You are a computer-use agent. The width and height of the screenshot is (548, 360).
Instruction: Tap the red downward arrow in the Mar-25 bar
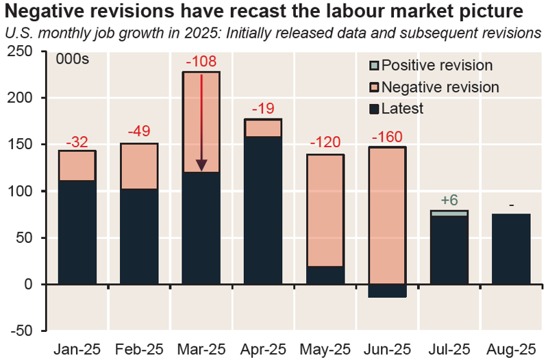pyautogui.click(x=201, y=123)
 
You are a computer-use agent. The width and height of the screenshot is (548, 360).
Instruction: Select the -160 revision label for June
pyautogui.click(x=387, y=138)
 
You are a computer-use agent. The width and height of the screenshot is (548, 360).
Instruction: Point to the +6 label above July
pyautogui.click(x=449, y=201)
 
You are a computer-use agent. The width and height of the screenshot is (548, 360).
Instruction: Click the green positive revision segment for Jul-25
pyautogui.click(x=449, y=213)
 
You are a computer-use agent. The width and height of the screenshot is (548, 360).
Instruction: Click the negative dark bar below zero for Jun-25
pyautogui.click(x=387, y=290)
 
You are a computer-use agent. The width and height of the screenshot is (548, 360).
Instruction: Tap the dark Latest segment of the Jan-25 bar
pyautogui.click(x=77, y=232)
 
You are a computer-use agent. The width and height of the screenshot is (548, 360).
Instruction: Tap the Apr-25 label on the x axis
pyautogui.click(x=263, y=348)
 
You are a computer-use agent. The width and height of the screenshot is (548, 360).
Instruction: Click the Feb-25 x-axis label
pyautogui.click(x=139, y=348)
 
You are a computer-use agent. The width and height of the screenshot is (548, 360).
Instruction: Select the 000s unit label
pyautogui.click(x=73, y=59)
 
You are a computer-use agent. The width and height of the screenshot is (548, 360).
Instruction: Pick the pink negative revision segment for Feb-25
pyautogui.click(x=139, y=166)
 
